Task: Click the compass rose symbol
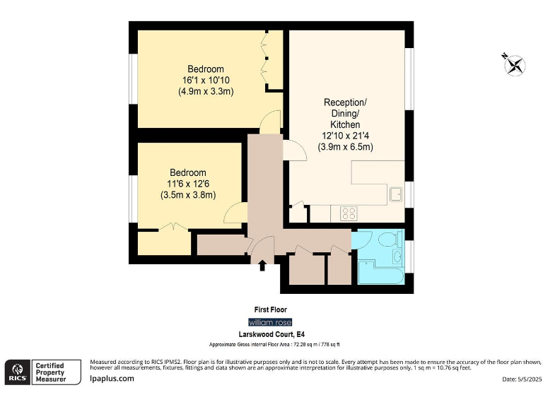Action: pyautogui.click(x=514, y=64)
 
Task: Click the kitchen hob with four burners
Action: pyautogui.click(x=349, y=212)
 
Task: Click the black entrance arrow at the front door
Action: pyautogui.click(x=263, y=266)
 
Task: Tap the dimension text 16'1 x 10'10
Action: pyautogui.click(x=206, y=80)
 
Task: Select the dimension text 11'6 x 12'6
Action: pyautogui.click(x=187, y=184)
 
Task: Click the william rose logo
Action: pyautogui.click(x=271, y=322)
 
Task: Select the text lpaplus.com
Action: pyautogui.click(x=112, y=379)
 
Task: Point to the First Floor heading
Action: pyautogui.click(x=271, y=309)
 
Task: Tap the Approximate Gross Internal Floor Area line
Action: pyautogui.click(x=274, y=344)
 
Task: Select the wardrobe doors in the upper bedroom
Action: pyautogui.click(x=267, y=60)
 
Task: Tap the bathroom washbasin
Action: pyautogui.click(x=398, y=255)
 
